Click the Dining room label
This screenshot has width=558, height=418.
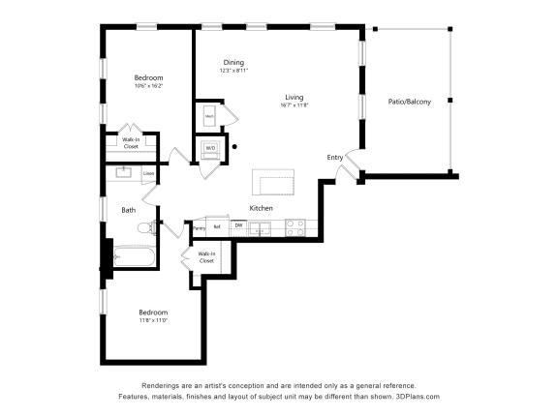tap(233, 63)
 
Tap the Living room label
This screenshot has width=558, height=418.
tap(294, 97)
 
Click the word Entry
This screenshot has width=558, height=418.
tap(334, 157)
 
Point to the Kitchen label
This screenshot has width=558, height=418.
tap(262, 208)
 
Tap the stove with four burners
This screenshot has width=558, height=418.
tap(296, 228)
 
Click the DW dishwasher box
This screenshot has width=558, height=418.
tap(237, 225)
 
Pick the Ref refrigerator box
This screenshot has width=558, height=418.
tap(217, 227)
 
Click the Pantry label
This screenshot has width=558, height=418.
tap(199, 228)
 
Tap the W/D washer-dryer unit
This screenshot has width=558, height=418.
tap(210, 149)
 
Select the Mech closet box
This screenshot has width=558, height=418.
tap(209, 116)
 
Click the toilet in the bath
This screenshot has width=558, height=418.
tap(146, 228)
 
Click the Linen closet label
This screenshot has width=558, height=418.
tap(149, 174)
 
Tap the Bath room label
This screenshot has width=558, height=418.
tap(128, 209)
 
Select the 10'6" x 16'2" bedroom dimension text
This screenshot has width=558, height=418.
tap(148, 86)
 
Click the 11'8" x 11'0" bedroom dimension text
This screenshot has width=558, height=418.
tap(153, 321)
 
